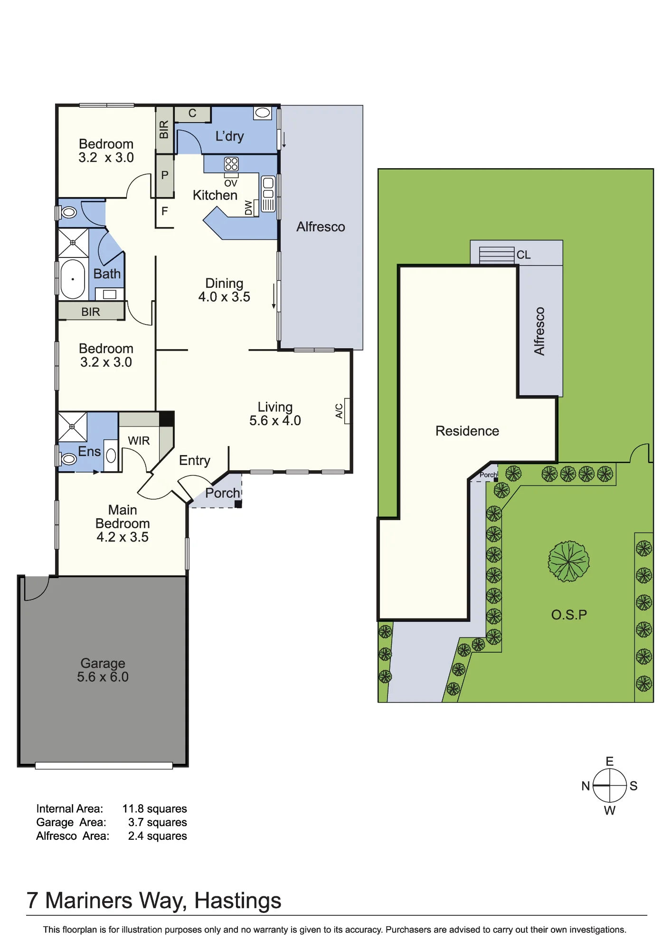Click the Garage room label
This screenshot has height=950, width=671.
(103, 663)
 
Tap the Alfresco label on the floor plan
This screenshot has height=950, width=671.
(321, 227)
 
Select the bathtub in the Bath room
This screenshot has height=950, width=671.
(73, 279)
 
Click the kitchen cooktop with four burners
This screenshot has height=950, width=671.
(231, 164)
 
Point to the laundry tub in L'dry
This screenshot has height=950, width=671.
(263, 113)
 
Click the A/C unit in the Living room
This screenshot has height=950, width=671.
(347, 411)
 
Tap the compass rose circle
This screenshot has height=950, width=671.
(610, 786)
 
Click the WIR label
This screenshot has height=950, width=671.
(139, 441)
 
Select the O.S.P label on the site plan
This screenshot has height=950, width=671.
(569, 615)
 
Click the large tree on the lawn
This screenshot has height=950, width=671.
(568, 561)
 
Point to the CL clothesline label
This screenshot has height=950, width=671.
(523, 255)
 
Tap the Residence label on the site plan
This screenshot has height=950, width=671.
(467, 431)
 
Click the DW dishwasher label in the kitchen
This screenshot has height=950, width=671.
(249, 208)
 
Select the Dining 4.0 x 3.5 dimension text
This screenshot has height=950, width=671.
(224, 297)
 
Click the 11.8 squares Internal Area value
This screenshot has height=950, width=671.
(154, 808)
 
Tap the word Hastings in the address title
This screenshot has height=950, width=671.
(237, 901)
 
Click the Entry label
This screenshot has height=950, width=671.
(195, 460)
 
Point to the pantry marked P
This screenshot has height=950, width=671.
(165, 175)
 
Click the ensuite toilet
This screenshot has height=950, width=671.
(67, 458)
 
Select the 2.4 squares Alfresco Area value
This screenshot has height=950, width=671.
(157, 836)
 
